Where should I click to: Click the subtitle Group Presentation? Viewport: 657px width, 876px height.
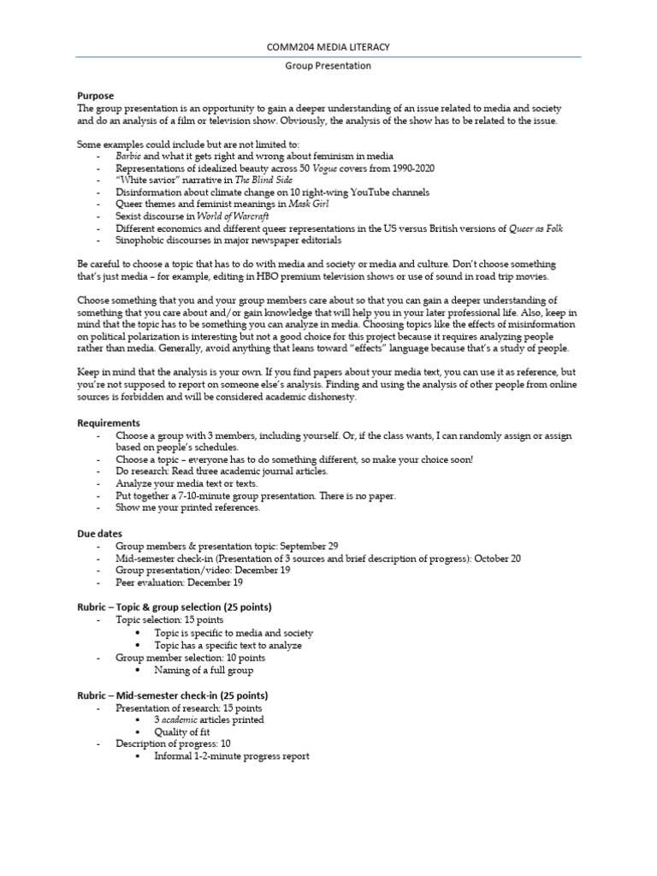pos(328,65)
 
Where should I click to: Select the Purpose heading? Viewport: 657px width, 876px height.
pos(95,96)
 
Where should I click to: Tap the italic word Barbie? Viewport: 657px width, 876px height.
pos(128,157)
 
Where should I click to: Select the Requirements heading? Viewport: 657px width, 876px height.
pos(109,423)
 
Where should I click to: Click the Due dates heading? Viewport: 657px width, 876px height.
pos(100,533)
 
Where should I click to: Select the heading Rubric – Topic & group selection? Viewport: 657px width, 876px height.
pos(175,607)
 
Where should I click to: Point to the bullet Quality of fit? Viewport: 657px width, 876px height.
pos(183,732)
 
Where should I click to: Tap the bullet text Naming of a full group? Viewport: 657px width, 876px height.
pos(204,671)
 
